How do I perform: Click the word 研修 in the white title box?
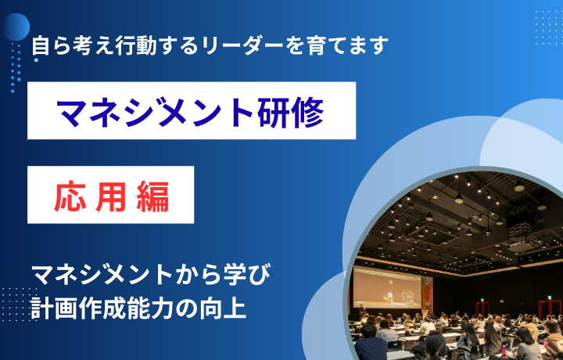291,111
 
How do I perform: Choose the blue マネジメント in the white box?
157,111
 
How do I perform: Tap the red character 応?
70,196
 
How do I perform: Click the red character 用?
111,196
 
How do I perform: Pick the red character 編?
153,196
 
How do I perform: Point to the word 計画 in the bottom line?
54,308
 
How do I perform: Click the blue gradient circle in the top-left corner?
16,27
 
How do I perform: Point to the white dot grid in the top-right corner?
549,27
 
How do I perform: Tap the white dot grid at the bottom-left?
18,304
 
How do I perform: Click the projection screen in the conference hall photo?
387,287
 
